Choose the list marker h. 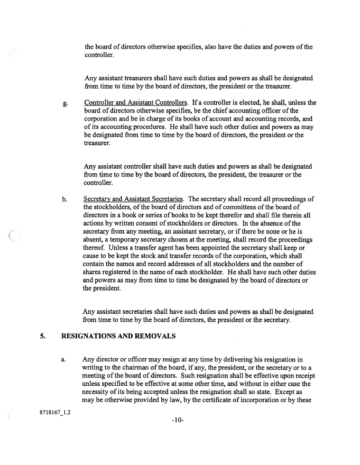tap(64, 199)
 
